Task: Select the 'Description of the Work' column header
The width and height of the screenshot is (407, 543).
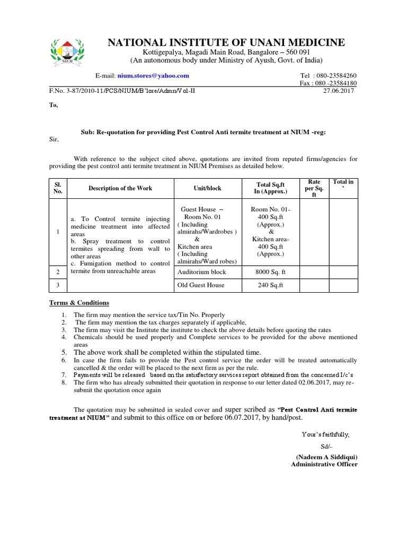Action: point(120,188)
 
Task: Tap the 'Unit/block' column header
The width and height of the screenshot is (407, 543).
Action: point(207,188)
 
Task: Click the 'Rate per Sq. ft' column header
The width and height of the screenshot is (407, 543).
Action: point(314,188)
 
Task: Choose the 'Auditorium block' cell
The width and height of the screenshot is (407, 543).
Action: point(202,272)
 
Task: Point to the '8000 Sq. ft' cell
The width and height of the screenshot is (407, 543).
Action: point(271,272)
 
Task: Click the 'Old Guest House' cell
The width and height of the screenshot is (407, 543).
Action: point(201,285)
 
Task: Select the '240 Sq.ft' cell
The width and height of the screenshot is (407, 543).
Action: point(271,285)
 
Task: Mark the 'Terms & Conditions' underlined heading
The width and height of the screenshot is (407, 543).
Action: point(79,303)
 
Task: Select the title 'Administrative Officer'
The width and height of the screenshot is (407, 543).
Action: point(324,465)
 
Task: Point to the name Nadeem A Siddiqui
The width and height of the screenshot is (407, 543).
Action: point(326,457)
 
